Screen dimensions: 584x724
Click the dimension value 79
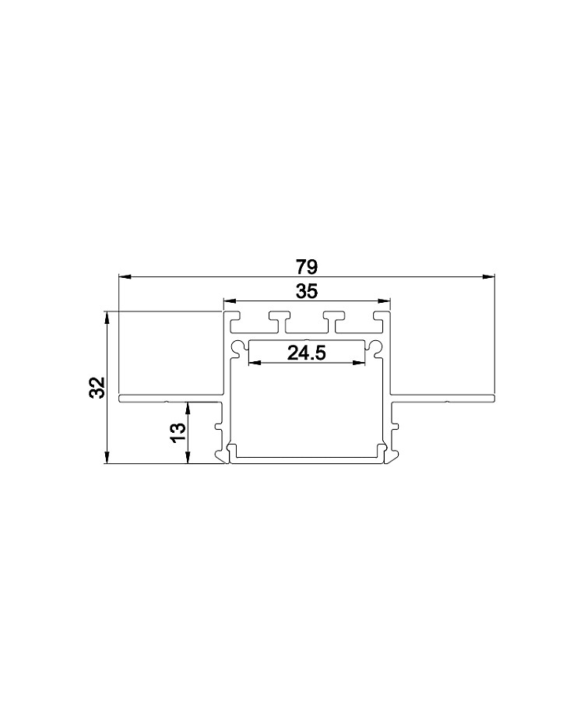point(307,267)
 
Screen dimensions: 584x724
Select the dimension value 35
point(307,291)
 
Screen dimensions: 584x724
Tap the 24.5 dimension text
point(307,353)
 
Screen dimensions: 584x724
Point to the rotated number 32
point(98,387)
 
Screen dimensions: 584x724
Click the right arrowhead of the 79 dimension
point(489,276)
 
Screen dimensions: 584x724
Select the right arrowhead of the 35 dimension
point(384,301)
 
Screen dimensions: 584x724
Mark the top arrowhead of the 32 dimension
point(107,318)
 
